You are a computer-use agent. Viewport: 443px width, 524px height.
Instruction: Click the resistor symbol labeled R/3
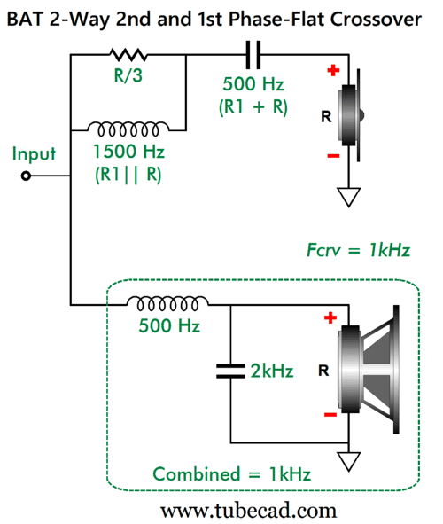(x=128, y=54)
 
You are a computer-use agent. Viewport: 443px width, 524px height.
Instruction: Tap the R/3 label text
(x=128, y=75)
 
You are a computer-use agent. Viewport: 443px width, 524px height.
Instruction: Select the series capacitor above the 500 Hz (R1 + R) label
(x=253, y=55)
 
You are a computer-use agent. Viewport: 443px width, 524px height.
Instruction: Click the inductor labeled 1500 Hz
(x=128, y=129)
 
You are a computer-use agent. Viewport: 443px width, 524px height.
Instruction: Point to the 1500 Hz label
(x=128, y=152)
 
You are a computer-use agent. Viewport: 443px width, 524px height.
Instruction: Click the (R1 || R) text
(x=128, y=175)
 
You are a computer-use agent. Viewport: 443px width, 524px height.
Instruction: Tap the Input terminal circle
(x=26, y=176)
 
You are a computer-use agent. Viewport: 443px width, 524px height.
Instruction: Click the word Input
(x=34, y=154)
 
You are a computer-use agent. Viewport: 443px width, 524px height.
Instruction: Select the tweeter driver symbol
(x=351, y=115)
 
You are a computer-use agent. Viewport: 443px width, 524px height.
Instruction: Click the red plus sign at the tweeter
(x=333, y=71)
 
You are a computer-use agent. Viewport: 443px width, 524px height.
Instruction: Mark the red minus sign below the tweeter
(x=333, y=156)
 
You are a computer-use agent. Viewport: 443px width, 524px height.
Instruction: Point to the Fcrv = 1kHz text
(x=358, y=250)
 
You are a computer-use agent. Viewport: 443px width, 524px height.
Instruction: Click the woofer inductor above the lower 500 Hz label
(x=167, y=303)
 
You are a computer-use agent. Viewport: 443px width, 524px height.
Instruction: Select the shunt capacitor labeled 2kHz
(x=230, y=371)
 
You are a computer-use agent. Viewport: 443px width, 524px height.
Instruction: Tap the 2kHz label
(x=272, y=371)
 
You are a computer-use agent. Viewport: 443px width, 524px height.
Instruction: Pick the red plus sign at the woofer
(x=330, y=317)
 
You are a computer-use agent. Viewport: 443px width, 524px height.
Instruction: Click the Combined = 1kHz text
(x=231, y=473)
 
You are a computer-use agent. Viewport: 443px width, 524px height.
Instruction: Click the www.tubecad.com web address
(x=248, y=511)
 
